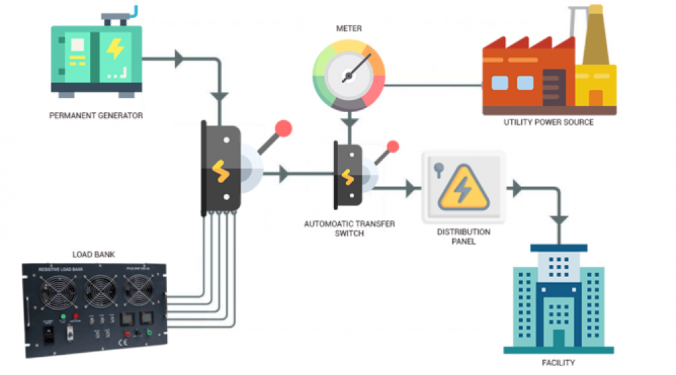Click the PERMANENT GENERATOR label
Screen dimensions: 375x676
tap(96, 116)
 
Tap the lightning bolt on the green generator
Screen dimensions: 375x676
tap(116, 49)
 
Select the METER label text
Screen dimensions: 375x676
tap(348, 29)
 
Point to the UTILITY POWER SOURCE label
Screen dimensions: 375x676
tap(548, 122)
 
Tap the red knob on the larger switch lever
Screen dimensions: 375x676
tap(284, 128)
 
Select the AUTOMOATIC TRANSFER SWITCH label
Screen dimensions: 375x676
tap(349, 228)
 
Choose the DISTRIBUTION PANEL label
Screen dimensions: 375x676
tap(464, 236)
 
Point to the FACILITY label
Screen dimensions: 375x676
tap(558, 363)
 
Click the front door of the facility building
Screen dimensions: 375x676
tap(558, 337)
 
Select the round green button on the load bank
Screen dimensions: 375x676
tap(62, 316)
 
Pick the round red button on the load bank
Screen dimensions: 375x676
tap(76, 316)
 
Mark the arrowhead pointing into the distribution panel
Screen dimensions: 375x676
tap(410, 189)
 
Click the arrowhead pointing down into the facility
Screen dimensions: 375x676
tap(558, 219)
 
